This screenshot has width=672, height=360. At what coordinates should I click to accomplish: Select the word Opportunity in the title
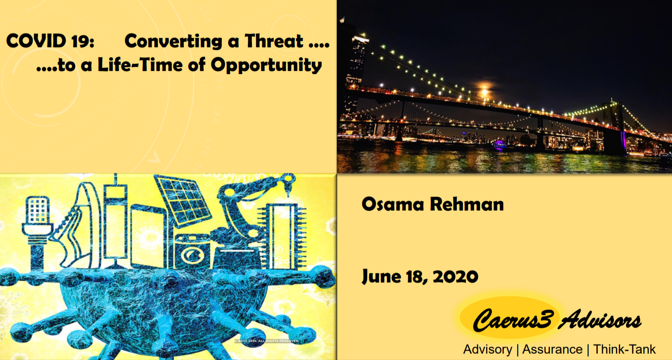click(266, 65)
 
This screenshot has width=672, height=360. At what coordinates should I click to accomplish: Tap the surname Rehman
click(467, 204)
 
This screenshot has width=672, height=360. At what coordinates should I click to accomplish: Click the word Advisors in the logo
click(600, 320)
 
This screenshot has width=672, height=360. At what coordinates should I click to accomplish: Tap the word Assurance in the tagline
click(552, 350)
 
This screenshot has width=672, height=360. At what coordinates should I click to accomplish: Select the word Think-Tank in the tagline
click(624, 349)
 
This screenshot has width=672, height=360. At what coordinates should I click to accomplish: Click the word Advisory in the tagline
click(488, 350)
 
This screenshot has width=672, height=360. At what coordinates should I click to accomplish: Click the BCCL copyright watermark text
click(267, 341)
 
